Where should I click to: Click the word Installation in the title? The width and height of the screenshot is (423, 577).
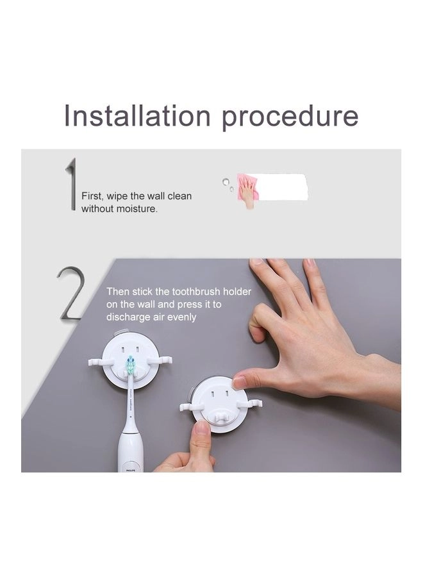click(137, 116)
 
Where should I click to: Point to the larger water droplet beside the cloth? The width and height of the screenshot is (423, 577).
click(225, 182)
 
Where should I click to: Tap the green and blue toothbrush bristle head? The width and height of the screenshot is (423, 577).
click(131, 367)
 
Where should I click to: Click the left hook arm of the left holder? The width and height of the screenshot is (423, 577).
click(100, 362)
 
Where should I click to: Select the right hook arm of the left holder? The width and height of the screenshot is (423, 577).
click(160, 360)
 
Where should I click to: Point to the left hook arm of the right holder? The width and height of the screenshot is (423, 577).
click(191, 406)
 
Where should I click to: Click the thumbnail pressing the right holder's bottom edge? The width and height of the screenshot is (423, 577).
click(202, 426)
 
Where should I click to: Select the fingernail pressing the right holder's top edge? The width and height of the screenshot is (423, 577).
click(239, 382)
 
